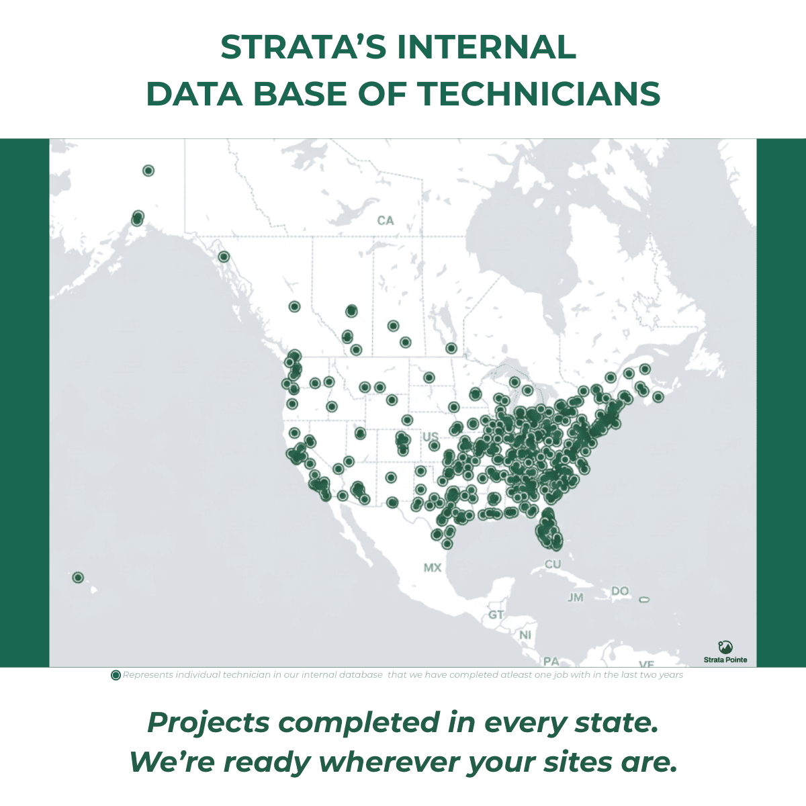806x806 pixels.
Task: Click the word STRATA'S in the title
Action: (304, 47)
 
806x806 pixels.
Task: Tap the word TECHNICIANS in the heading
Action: (540, 93)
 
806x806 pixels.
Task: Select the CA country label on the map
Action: (386, 220)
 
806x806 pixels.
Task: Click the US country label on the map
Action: (431, 437)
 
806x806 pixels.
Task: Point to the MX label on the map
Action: (432, 568)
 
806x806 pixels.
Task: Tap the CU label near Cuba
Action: (553, 564)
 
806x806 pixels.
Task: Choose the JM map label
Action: (576, 598)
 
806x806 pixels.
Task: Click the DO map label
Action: (620, 590)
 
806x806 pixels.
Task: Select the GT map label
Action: (496, 615)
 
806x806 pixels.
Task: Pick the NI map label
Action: (525, 635)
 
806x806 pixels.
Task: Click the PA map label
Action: (551, 662)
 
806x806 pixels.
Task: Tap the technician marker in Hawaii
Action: (78, 578)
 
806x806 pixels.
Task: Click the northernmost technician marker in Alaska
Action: (148, 171)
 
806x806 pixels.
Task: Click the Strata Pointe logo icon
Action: (725, 647)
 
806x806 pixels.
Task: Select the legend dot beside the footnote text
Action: (116, 676)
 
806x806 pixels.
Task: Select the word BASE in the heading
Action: (300, 93)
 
